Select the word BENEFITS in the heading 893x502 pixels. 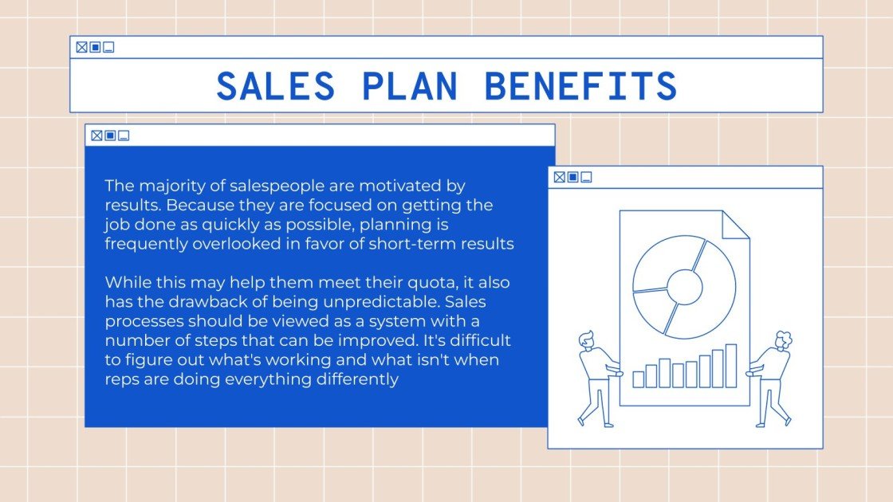coord(581,86)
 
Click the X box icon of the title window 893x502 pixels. coord(81,47)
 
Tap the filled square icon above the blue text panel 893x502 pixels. coord(110,135)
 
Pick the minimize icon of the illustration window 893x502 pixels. coord(587,177)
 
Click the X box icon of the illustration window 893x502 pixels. coord(559,177)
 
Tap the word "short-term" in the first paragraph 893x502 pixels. coord(406,245)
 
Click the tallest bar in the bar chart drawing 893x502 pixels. coord(730,366)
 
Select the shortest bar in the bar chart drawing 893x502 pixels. coord(638,379)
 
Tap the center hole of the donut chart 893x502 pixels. coord(684,284)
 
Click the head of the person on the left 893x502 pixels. coord(586,338)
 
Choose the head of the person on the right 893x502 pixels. coord(782,338)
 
